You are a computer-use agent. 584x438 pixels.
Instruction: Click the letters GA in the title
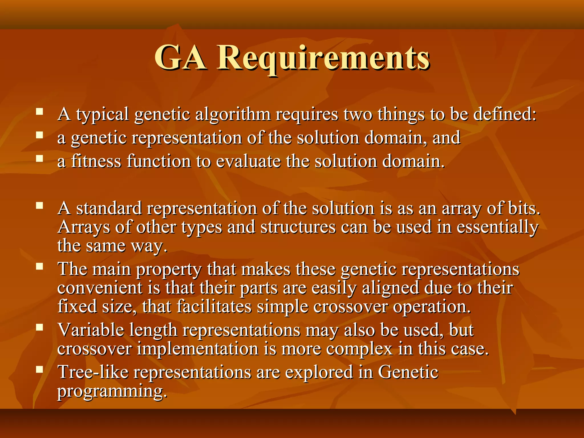pos(180,58)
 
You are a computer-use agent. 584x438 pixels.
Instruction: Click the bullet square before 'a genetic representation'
pos(39,135)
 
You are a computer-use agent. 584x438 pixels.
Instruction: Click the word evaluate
pos(248,162)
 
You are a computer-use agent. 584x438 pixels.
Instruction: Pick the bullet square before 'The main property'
pos(39,267)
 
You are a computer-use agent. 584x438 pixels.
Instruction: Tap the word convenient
pos(100,288)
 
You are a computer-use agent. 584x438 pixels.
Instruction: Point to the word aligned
pos(390,288)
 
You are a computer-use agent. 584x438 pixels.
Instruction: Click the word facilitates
pos(214,307)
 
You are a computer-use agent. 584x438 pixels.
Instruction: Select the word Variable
pos(91,330)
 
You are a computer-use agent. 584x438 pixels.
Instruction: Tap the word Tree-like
pos(93,372)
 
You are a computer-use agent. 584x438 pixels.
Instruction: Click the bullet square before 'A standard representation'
pos(39,206)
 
